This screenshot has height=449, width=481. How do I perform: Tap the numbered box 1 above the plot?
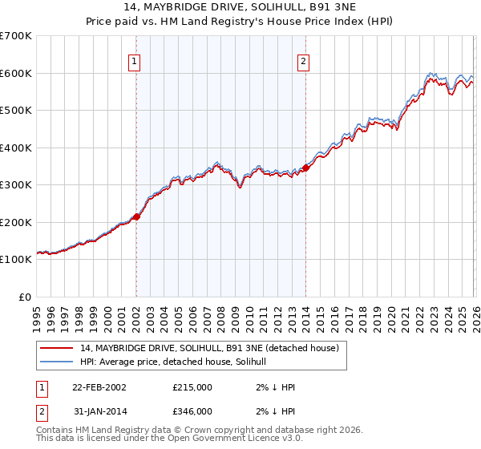click(135, 61)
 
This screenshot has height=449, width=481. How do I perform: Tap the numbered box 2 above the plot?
click(304, 61)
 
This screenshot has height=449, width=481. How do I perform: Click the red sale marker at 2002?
click(137, 216)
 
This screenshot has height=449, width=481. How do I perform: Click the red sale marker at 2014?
click(306, 168)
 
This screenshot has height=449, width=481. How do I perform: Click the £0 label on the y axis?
click(24, 297)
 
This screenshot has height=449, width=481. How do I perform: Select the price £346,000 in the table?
click(192, 411)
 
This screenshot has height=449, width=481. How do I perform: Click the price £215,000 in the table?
click(192, 386)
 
